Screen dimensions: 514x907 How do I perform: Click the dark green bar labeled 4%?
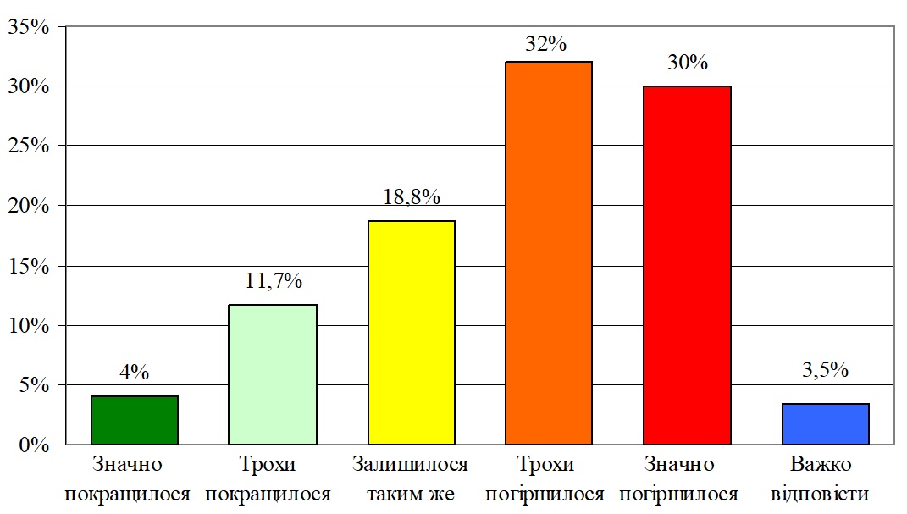point(135,420)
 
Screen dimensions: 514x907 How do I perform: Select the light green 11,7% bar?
point(273,374)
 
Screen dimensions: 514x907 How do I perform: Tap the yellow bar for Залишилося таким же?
point(411,332)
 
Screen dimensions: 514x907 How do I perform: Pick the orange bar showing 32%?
point(549,253)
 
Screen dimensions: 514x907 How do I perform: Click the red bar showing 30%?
point(687,265)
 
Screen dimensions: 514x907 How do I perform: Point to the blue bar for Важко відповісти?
point(825,423)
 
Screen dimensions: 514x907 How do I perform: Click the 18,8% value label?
point(412,198)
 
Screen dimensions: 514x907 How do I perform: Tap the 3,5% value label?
point(825,370)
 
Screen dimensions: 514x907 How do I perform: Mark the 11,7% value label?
point(274,282)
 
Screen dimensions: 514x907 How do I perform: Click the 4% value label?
point(134,372)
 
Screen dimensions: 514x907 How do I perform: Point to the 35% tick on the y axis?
point(29,27)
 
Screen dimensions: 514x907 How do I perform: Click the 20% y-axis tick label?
point(29,206)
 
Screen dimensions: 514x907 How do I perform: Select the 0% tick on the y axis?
point(34,445)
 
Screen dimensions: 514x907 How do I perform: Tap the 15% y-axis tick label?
point(29,266)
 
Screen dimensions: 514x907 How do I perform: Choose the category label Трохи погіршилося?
point(549,479)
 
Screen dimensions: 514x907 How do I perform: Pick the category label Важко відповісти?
point(825,479)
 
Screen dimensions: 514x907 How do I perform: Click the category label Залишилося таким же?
point(411,479)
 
